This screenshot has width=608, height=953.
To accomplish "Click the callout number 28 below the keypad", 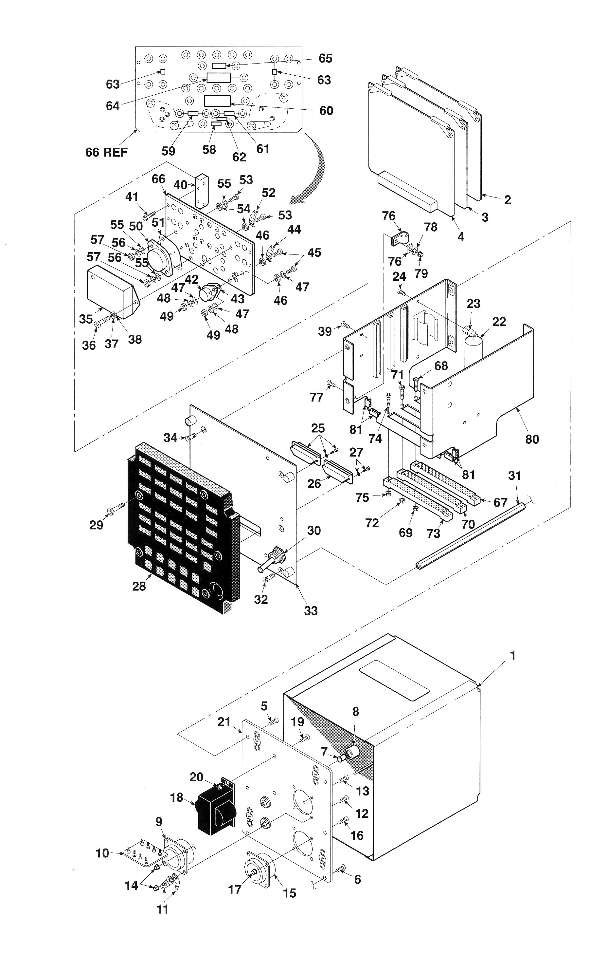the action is coord(139,586).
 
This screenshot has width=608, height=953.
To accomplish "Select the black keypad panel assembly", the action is coord(184,528).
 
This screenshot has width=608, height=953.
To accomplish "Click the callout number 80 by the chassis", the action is coord(532,439).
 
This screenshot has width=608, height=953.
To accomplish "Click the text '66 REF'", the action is coord(106,152).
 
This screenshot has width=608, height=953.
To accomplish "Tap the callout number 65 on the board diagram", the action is coord(325,58).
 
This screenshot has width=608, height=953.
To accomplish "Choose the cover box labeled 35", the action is coord(113,292).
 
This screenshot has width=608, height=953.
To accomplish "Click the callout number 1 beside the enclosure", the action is coord(513,655).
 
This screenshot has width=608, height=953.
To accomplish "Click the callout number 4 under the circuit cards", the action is coord(460,237).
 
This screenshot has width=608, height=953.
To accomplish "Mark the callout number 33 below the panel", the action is coord(311,611).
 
